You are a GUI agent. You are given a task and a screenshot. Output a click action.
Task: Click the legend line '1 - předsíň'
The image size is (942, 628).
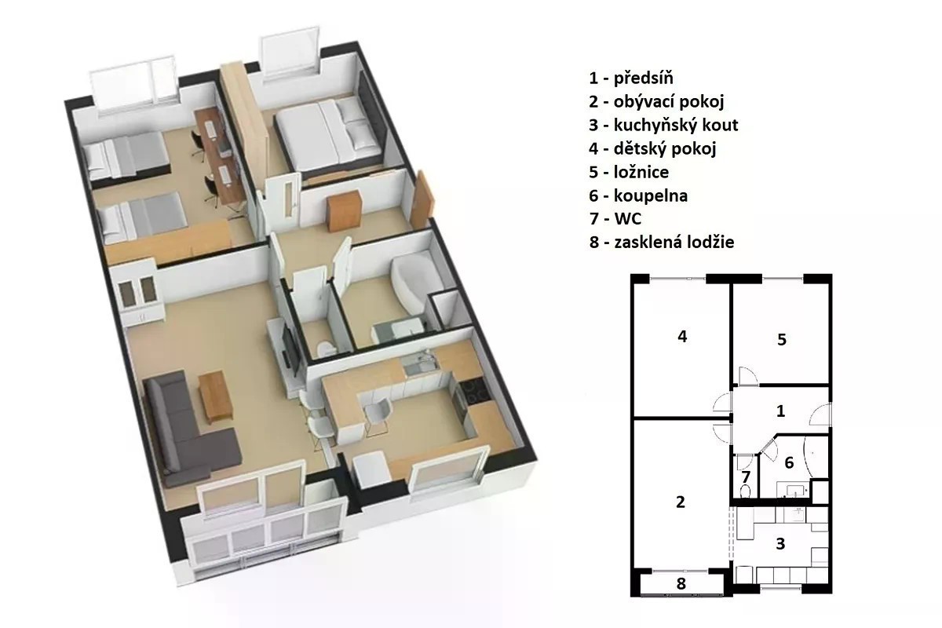coord(631,78)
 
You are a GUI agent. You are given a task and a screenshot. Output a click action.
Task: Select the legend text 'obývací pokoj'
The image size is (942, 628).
coord(669,102)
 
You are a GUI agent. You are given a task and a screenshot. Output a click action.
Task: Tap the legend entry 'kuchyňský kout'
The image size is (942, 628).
coord(676,126)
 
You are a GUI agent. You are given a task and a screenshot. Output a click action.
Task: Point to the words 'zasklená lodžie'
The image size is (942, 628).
coord(674,243)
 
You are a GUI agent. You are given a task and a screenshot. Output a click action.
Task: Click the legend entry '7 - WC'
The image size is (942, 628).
coord(615,219)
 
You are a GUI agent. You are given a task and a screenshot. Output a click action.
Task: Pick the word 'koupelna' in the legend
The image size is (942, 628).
coord(651,195)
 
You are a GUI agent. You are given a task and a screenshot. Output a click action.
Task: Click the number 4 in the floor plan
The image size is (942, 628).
coord(682,336)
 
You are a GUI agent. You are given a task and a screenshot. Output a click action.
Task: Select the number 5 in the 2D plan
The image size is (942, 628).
coord(782,339)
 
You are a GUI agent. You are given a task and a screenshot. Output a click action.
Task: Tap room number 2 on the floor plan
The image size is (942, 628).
coord(681,502)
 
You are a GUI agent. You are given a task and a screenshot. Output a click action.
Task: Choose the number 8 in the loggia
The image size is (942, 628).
coord(681,583)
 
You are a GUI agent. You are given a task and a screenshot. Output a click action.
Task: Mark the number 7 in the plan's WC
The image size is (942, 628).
coord(746,477)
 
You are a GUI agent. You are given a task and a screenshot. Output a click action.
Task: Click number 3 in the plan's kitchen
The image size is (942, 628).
coord(780,544)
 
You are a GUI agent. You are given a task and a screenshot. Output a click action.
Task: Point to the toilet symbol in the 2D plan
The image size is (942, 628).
coord(745,491)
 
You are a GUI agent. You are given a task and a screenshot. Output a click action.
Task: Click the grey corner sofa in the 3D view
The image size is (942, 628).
coord(185,433)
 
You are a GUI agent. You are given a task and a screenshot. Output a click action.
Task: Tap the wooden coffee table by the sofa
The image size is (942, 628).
coord(215,396)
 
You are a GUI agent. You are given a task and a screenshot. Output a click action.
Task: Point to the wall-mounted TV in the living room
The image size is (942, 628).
coord(290,350)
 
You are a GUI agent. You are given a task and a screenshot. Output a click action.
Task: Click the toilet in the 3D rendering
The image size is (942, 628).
coord(325,349)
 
